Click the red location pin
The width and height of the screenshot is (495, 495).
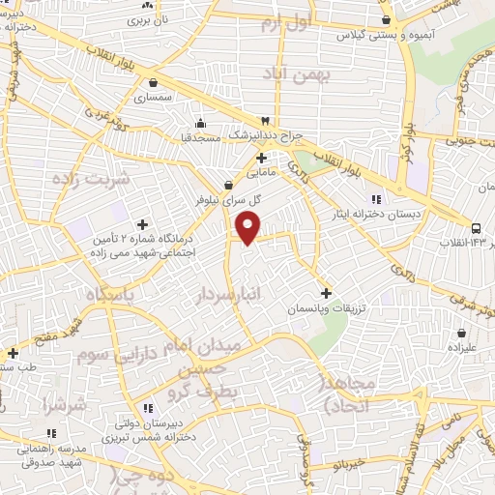[248, 227]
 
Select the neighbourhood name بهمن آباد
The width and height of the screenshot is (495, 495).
[329, 74]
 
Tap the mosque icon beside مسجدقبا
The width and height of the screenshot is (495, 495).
[200, 123]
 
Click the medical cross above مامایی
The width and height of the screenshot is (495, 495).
[262, 157]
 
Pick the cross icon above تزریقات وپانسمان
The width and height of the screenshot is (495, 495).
[326, 293]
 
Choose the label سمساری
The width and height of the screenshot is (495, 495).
[153, 98]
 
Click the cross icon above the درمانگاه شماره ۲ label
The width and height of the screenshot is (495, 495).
[143, 223]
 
